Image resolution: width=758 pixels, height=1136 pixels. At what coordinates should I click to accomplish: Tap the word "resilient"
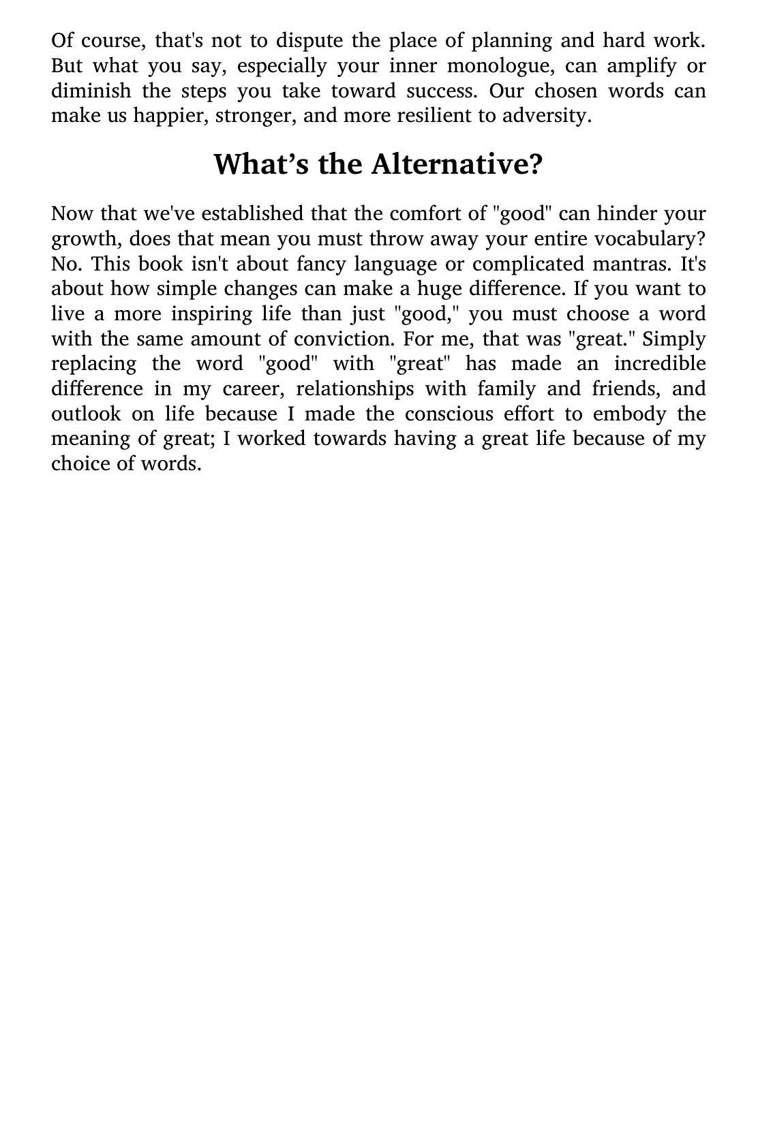tap(429, 116)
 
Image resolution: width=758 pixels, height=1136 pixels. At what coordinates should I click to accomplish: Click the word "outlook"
tap(86, 414)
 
